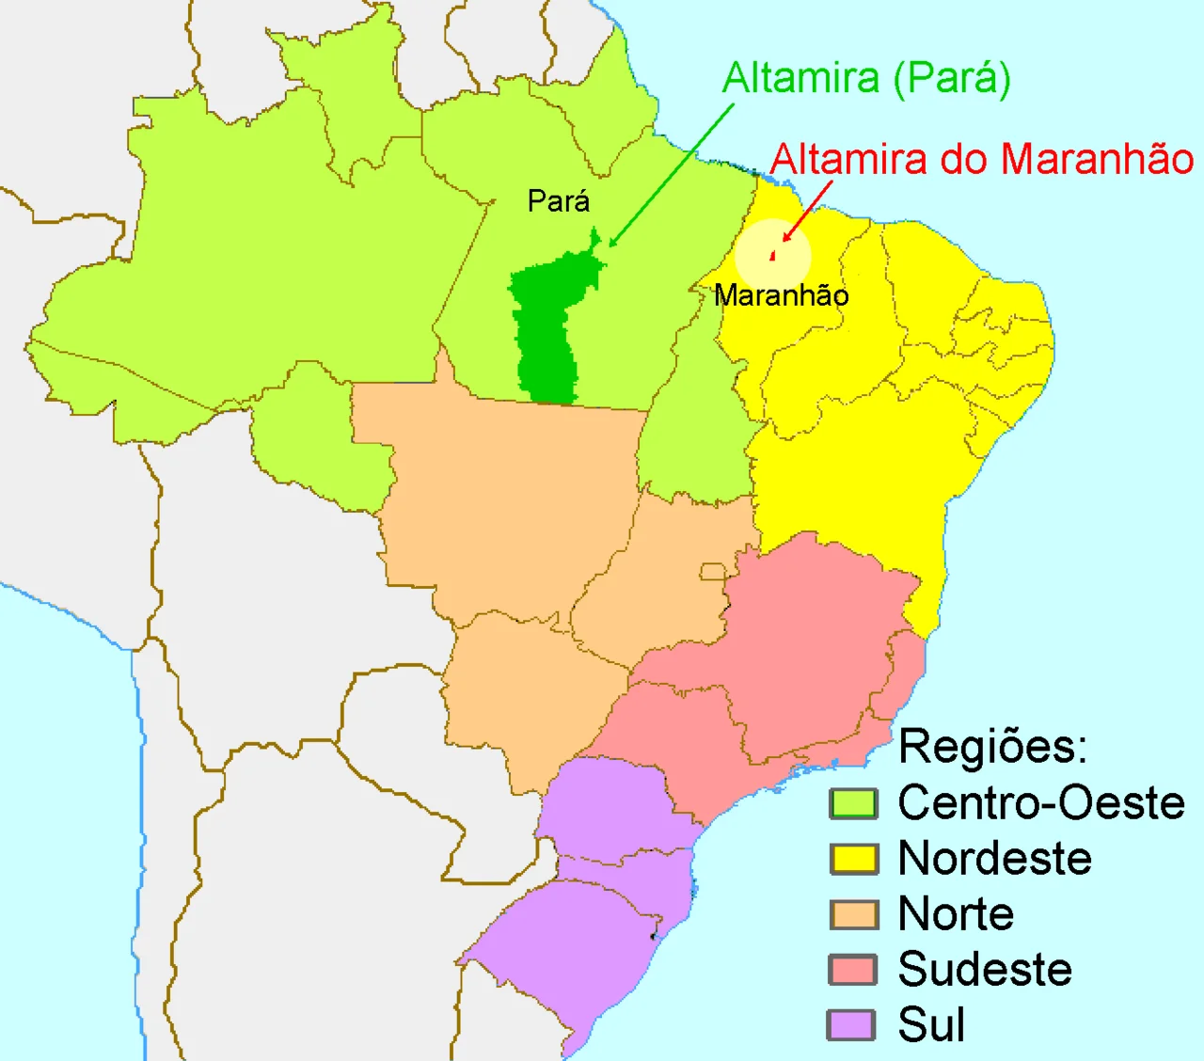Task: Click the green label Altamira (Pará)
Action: [866, 79]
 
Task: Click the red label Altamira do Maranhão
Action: [982, 160]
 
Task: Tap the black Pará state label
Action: [559, 201]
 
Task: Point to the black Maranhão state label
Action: [782, 295]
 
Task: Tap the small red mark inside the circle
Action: [772, 255]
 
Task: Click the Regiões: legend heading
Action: [992, 747]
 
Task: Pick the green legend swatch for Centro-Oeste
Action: [853, 804]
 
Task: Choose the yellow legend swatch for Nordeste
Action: [853, 859]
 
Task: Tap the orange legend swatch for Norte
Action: [853, 914]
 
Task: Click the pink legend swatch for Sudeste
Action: [853, 970]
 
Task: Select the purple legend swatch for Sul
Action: [851, 1025]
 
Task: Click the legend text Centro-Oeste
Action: [1041, 803]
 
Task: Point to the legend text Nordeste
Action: [995, 859]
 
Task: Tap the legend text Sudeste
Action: [985, 970]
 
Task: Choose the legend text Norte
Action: [956, 914]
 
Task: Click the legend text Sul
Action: [931, 1025]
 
